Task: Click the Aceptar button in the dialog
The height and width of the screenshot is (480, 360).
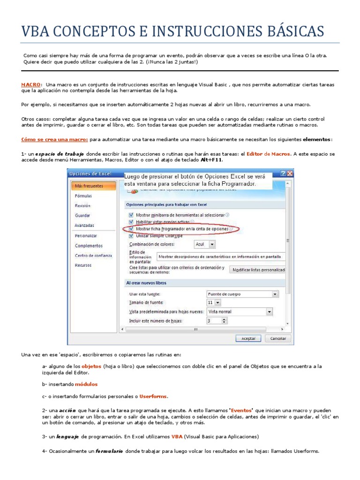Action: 248,338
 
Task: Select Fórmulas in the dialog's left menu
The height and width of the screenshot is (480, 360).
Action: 83,196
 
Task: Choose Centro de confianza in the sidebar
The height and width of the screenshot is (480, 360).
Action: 93,255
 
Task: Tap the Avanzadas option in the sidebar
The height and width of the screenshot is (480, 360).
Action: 84,225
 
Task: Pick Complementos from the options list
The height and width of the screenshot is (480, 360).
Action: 89,246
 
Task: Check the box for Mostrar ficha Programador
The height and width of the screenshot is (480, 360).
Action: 131,229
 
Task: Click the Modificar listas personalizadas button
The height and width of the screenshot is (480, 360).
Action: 258,270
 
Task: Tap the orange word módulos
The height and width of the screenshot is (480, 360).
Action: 86,384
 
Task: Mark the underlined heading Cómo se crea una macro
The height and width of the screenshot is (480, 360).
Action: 55,139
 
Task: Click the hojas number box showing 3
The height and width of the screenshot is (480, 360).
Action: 217,321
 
